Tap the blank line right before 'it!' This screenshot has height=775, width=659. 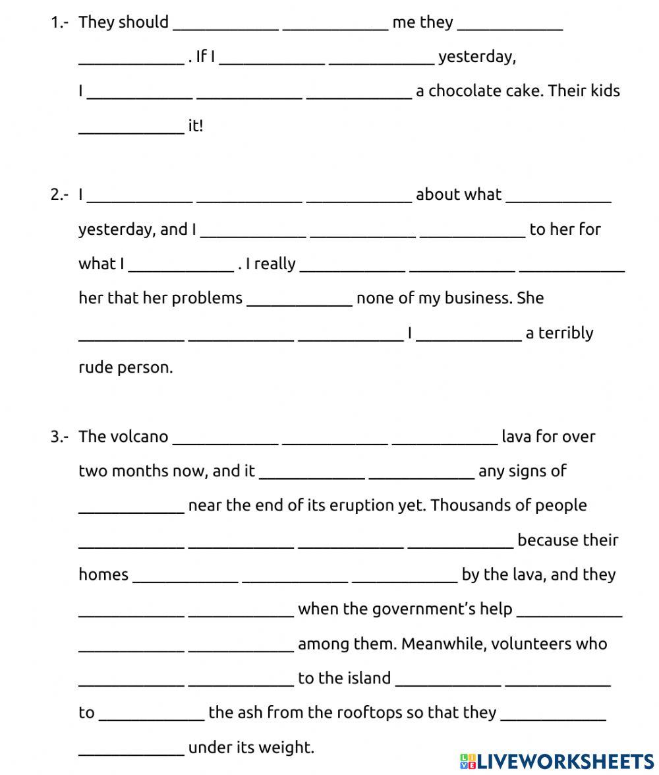tap(131, 127)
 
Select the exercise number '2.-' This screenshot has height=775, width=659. tap(59, 195)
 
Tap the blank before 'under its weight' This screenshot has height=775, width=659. tap(131, 749)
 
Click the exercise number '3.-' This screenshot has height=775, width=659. tap(59, 437)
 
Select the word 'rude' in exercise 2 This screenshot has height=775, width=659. tap(96, 367)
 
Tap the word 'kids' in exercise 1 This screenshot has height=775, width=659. tap(604, 91)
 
